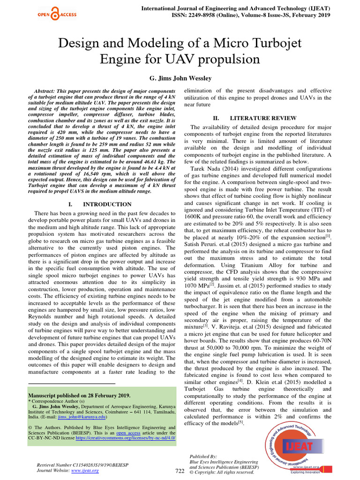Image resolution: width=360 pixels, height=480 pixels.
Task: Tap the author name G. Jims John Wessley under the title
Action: click(180, 78)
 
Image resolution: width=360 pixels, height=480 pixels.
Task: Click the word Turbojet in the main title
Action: click(272, 44)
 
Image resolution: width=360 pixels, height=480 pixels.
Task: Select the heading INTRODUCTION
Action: click(107, 204)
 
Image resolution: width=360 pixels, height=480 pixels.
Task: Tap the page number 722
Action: click(180, 471)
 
